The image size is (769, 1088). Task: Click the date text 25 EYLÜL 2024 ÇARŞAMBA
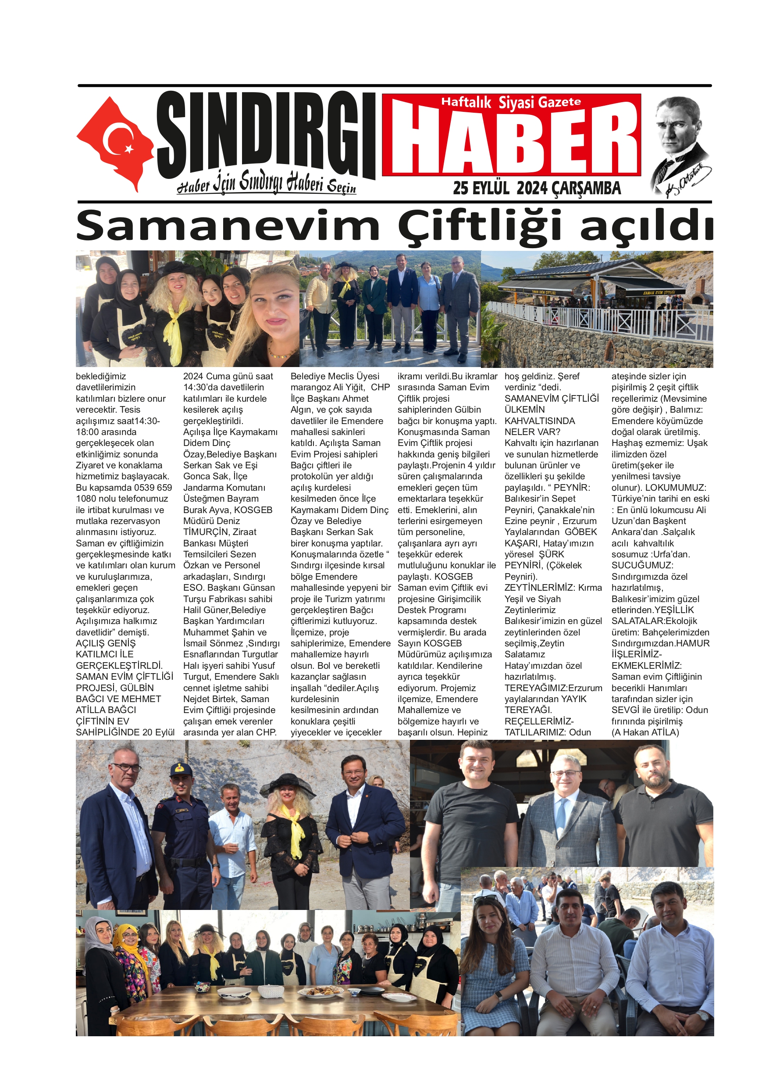(536, 188)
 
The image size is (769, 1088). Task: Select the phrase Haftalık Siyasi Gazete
(511, 102)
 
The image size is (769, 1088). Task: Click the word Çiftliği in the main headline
(480, 226)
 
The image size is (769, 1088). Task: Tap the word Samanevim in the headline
(228, 226)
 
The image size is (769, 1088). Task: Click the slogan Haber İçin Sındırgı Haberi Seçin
(266, 183)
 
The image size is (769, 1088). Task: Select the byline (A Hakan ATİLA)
(645, 732)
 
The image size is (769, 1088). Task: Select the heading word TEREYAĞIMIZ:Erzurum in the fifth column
(553, 688)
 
